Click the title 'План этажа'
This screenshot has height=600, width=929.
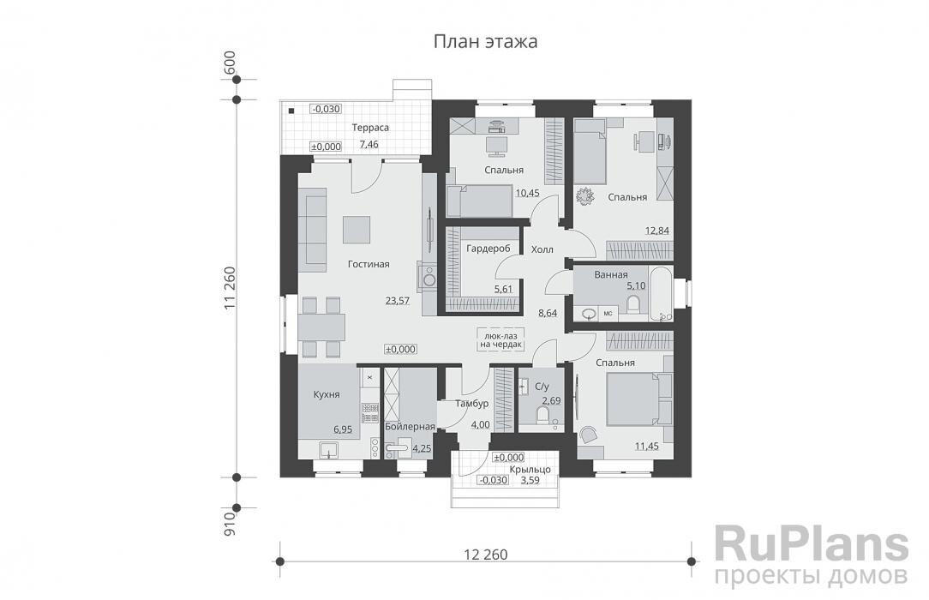point(485,41)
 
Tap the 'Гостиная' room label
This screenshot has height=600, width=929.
point(369,264)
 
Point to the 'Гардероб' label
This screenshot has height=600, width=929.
point(489,249)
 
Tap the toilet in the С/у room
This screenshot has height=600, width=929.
point(542,417)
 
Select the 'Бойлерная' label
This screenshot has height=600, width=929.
point(410,426)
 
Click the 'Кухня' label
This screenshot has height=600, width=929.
point(327,394)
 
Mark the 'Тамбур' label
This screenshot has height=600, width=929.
point(472,403)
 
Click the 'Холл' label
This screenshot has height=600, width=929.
point(542,249)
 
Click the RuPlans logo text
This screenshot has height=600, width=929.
point(811,543)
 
